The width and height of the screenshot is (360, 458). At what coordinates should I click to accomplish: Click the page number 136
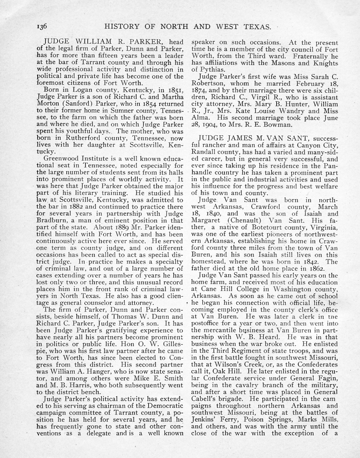pyautogui.click(x=43, y=26)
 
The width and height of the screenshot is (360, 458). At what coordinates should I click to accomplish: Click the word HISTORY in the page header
pyautogui.click(x=123, y=26)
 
